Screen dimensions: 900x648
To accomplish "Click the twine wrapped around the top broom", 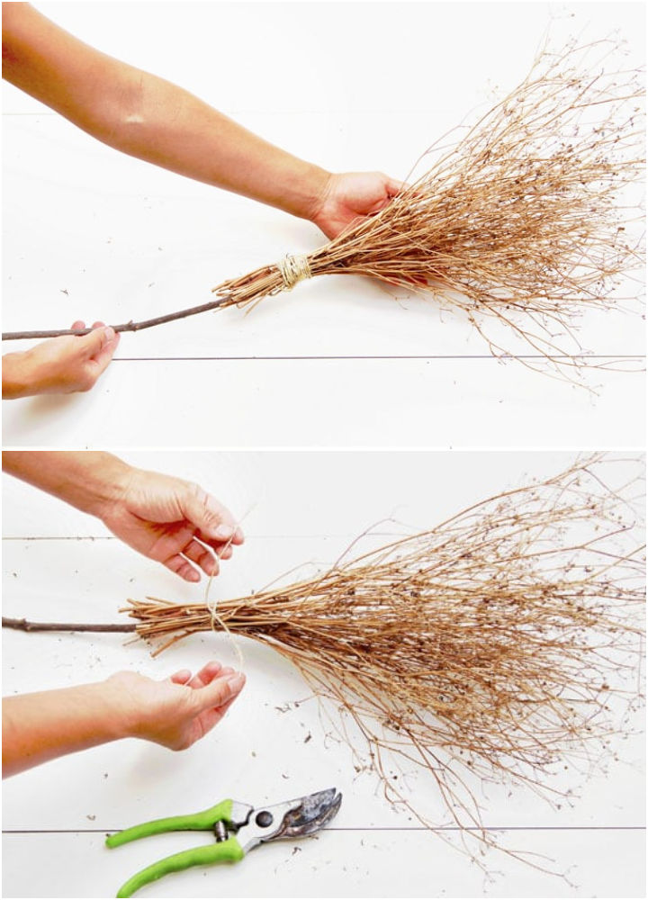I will [x=292, y=270].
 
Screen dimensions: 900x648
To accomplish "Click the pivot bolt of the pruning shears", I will [x=264, y=819].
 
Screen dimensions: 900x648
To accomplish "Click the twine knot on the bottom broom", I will [x=213, y=612].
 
